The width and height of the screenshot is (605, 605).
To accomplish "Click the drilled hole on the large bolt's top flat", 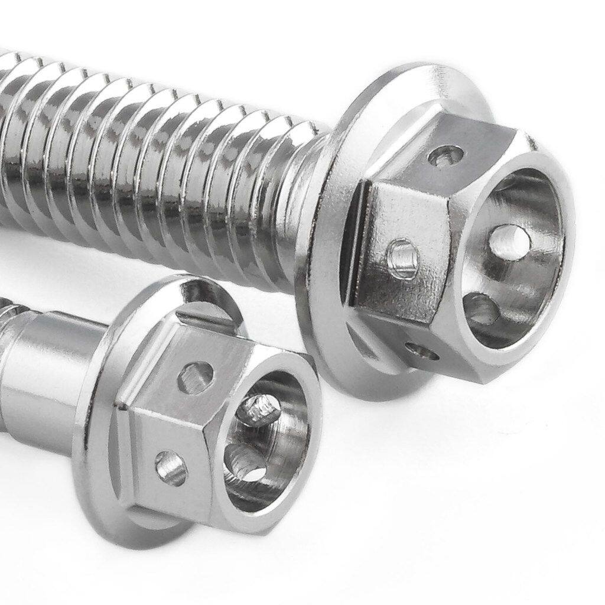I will tap(445, 157).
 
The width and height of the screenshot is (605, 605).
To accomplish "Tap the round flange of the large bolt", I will tap(322, 260).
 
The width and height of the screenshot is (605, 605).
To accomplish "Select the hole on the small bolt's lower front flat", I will tap(171, 467).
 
